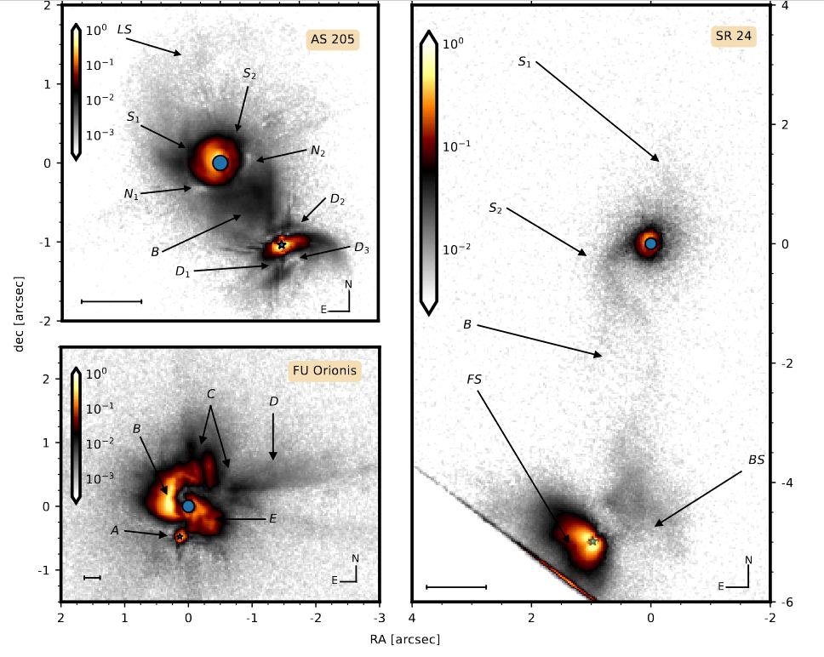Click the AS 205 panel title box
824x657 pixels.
pyautogui.click(x=333, y=38)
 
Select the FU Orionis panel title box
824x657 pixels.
pyautogui.click(x=324, y=370)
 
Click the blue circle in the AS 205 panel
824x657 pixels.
pyautogui.click(x=220, y=162)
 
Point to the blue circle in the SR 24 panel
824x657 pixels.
pyautogui.click(x=651, y=243)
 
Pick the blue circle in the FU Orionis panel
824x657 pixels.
pyautogui.click(x=189, y=506)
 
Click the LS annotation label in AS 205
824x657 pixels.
pyautogui.click(x=124, y=29)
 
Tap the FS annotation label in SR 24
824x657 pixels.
pyautogui.click(x=474, y=379)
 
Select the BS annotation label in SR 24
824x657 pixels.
pyautogui.click(x=756, y=460)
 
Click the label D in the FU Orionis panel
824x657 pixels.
pyautogui.click(x=273, y=401)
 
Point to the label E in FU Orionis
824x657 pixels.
pyautogui.click(x=273, y=517)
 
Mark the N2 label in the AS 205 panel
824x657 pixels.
pyautogui.click(x=318, y=151)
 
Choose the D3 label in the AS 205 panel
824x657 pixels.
pyautogui.click(x=362, y=248)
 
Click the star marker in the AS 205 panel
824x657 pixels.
pyautogui.click(x=281, y=245)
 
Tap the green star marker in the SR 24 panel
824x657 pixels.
pyautogui.click(x=592, y=540)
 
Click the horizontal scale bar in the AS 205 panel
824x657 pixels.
pyautogui.click(x=111, y=300)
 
